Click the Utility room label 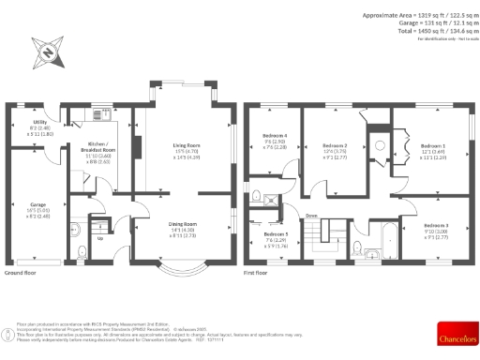point(39,122)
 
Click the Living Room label point(186,145)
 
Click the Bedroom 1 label point(432,146)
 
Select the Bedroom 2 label point(335,146)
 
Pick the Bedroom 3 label point(435,226)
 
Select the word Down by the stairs point(310,215)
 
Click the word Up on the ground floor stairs point(99,238)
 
